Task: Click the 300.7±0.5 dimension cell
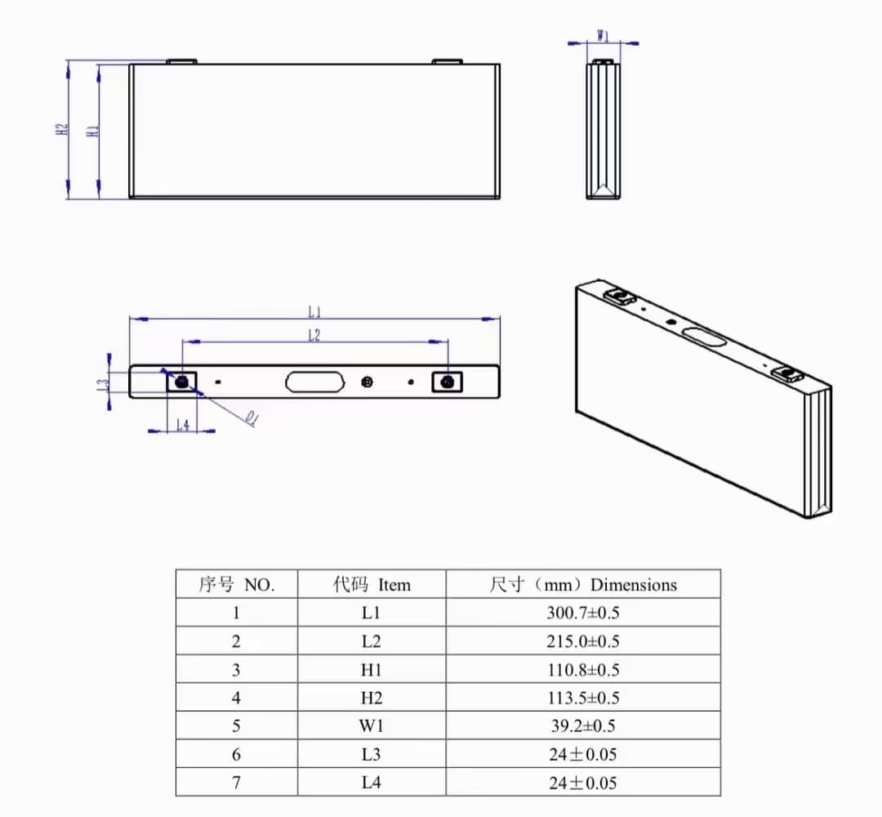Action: click(x=582, y=613)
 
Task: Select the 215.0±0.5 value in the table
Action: click(x=582, y=641)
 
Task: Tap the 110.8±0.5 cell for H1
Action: click(x=582, y=670)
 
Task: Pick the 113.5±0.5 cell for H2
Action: click(x=582, y=698)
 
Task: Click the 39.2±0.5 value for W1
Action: click(x=582, y=725)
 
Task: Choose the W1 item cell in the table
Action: click(x=372, y=725)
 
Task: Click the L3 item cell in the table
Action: click(x=372, y=754)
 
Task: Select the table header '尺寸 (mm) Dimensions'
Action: click(x=582, y=584)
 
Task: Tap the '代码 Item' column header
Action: click(x=372, y=584)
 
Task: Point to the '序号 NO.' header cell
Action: click(x=237, y=584)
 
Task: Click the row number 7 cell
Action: click(x=237, y=782)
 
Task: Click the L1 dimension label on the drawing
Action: click(x=314, y=311)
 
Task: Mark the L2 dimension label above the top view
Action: click(x=314, y=335)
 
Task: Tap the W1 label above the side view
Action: click(x=603, y=36)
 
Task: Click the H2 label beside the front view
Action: click(x=60, y=130)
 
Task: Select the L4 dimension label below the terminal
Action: click(x=183, y=425)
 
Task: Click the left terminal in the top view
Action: click(x=181, y=382)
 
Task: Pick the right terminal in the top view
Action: click(x=448, y=382)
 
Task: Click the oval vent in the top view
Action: click(x=314, y=382)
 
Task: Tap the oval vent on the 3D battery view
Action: click(x=705, y=335)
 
